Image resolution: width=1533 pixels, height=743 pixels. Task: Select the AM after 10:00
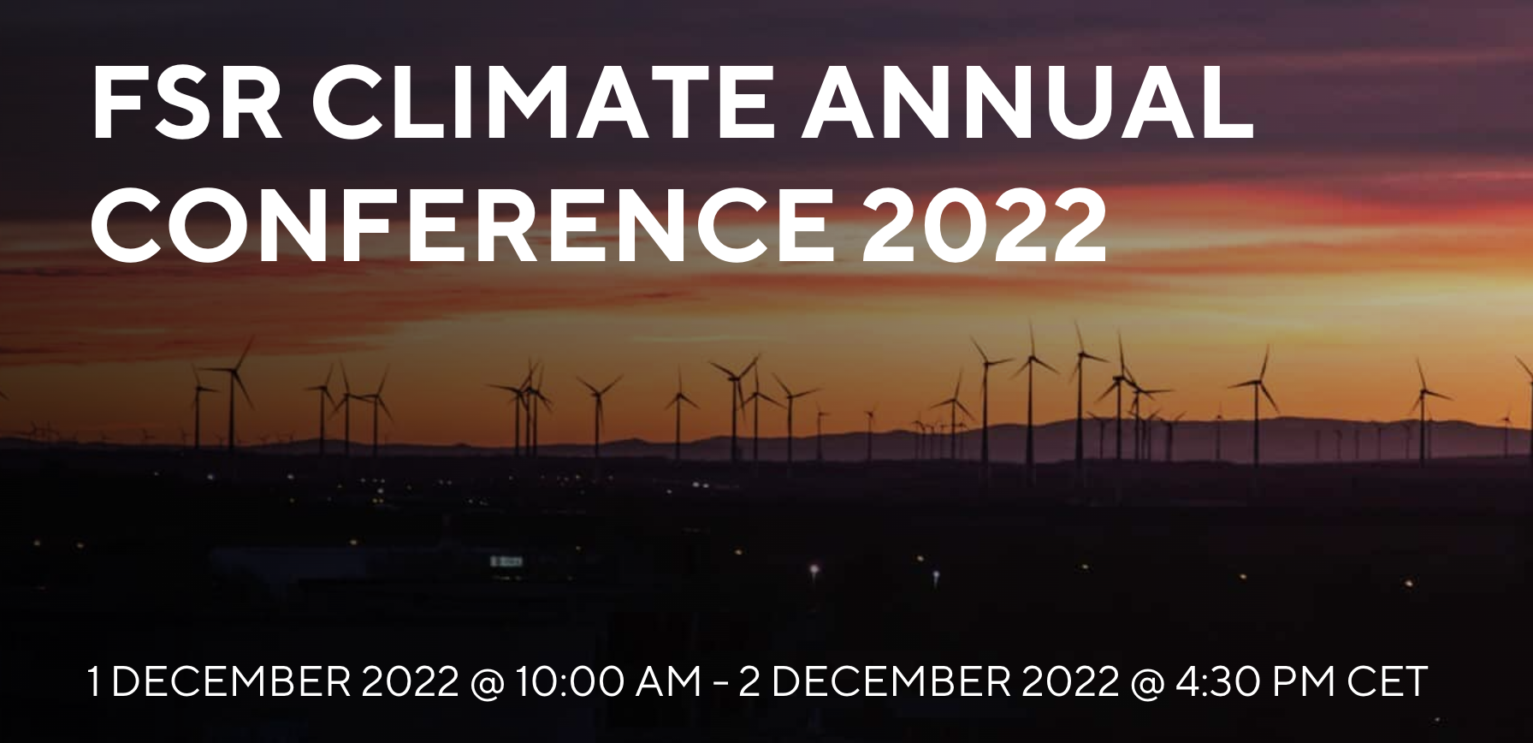[x=672, y=682]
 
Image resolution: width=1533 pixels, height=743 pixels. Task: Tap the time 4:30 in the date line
[x=1221, y=682]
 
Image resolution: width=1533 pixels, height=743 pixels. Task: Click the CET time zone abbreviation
[x=1388, y=682]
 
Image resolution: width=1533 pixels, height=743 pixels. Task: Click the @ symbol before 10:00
[x=487, y=684]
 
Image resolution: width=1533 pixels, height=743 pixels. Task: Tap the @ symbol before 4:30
[x=1148, y=684]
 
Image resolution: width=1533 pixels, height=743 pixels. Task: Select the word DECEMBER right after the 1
[x=232, y=682]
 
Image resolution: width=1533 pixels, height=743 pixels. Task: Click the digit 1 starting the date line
[x=95, y=682]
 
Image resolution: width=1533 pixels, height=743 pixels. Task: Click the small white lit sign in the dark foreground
[x=506, y=562]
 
